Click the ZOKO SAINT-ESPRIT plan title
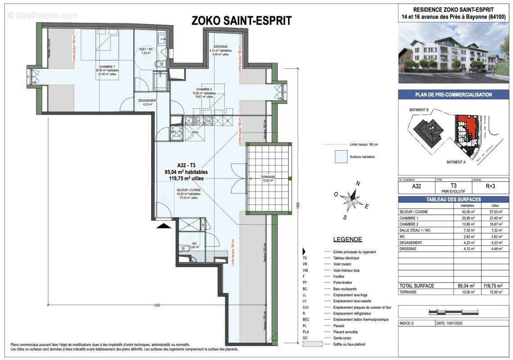[241, 21]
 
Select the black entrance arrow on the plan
[163, 225]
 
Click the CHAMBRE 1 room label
[102, 66]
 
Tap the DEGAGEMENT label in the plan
[148, 100]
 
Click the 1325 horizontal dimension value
[157, 305]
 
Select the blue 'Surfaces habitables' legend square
[341, 157]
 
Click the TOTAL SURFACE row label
[416, 286]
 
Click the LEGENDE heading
[347, 239]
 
